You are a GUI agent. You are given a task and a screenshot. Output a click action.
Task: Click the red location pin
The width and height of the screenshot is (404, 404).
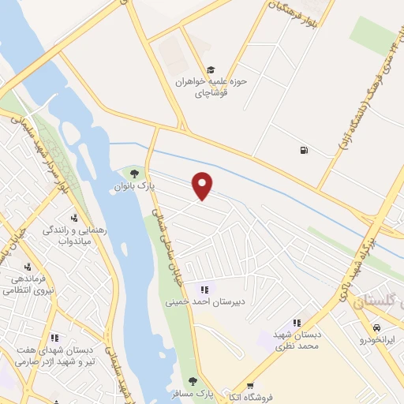point(204,185)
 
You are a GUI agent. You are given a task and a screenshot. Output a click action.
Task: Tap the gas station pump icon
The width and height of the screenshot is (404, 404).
point(304,150)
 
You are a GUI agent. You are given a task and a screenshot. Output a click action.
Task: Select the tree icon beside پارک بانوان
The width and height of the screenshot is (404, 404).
point(135,173)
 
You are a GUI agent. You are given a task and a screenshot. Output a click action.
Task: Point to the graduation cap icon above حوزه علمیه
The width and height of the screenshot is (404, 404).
point(210,69)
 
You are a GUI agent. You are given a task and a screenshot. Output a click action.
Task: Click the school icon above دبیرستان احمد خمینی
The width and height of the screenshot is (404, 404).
point(205,289)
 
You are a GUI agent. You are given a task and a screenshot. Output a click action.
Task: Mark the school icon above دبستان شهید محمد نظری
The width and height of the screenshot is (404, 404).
point(297,322)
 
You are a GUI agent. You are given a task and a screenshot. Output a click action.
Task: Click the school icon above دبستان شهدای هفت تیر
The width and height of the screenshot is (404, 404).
point(54,337)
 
